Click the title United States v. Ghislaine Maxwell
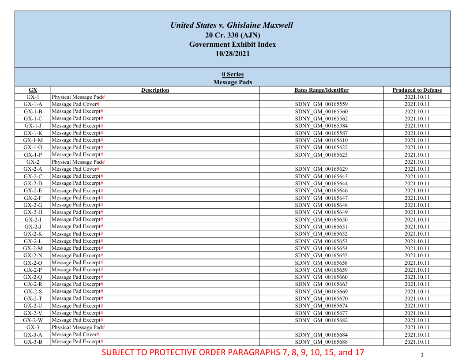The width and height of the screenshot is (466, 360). click(x=232, y=25)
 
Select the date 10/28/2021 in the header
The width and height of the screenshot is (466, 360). click(x=233, y=54)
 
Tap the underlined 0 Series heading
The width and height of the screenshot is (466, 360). click(x=233, y=74)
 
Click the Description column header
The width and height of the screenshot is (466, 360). click(x=155, y=90)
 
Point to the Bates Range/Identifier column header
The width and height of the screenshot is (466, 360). click(x=321, y=90)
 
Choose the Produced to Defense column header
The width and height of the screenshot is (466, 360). click(x=417, y=90)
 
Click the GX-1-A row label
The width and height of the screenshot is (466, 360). click(x=33, y=104)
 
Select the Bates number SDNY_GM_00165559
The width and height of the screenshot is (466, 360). click(x=321, y=104)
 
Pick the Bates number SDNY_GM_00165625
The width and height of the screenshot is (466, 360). click(x=321, y=154)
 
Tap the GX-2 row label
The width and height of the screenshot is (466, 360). click(x=33, y=162)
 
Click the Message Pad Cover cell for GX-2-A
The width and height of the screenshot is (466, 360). click(x=75, y=169)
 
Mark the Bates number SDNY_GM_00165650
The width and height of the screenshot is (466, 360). click(x=321, y=219)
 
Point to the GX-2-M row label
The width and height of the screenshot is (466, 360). click(x=33, y=248)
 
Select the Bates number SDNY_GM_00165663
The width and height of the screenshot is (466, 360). click(x=321, y=284)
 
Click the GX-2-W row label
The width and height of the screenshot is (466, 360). click(x=33, y=320)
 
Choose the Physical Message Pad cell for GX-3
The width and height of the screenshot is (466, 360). click(x=78, y=327)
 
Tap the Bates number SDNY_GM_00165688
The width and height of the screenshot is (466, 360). click(x=321, y=342)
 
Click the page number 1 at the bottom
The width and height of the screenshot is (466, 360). click(x=422, y=355)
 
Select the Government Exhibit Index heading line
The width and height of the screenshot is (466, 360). click(x=233, y=44)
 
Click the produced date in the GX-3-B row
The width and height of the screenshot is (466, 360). click(x=417, y=342)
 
